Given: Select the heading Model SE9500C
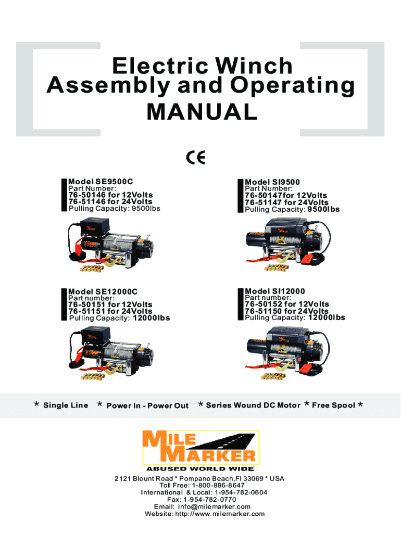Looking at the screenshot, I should pyautogui.click(x=101, y=182).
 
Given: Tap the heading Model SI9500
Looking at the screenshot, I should pyautogui.click(x=272, y=182).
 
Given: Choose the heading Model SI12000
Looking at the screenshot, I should pyautogui.click(x=275, y=291).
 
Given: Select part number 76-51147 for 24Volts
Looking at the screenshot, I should pyautogui.click(x=286, y=202).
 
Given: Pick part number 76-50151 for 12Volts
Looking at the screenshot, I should pyautogui.click(x=110, y=304).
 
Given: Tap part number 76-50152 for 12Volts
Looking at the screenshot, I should pyautogui.click(x=287, y=304).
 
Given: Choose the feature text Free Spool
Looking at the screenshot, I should pyautogui.click(x=333, y=405).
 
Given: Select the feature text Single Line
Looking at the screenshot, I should pyautogui.click(x=66, y=405).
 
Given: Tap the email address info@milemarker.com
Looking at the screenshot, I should pyautogui.click(x=214, y=506).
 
